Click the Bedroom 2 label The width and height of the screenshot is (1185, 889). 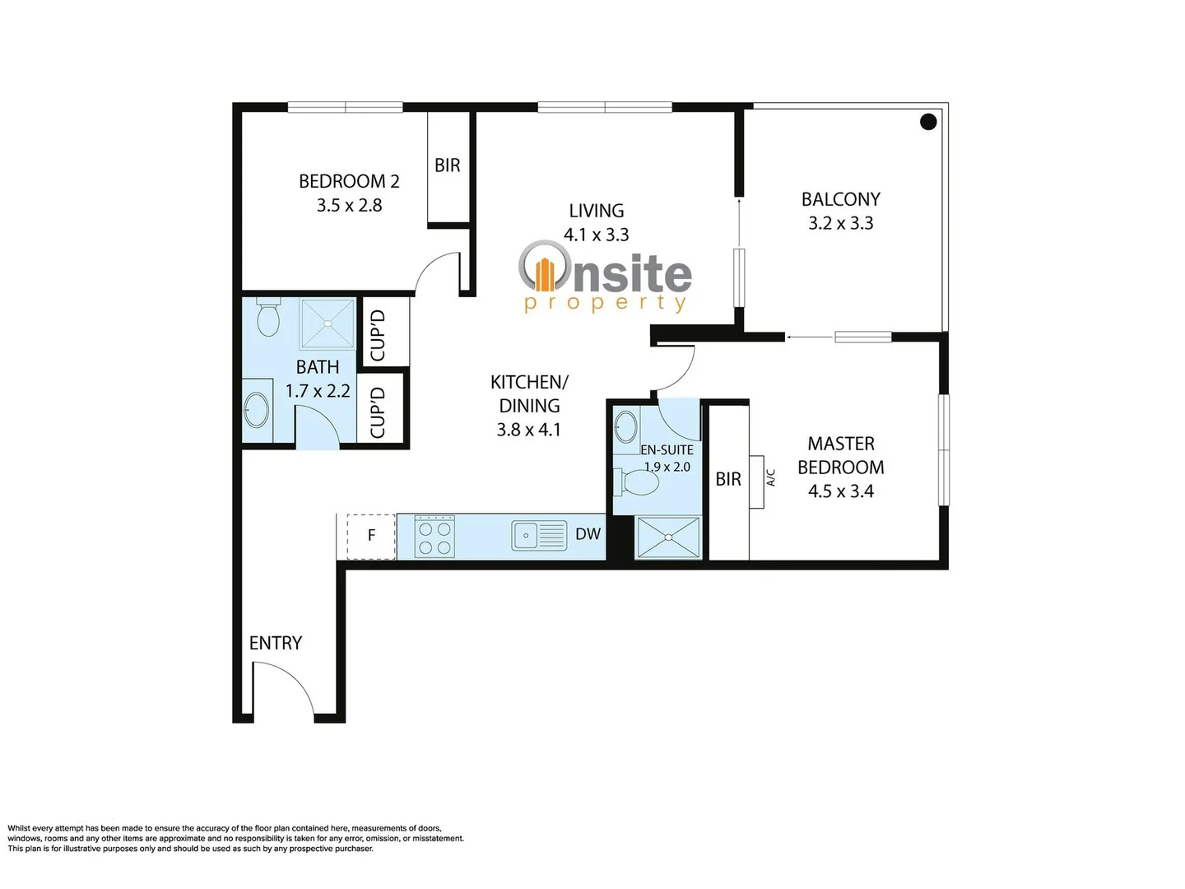(349, 181)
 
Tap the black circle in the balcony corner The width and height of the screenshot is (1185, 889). (928, 122)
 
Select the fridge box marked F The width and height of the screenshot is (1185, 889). (371, 536)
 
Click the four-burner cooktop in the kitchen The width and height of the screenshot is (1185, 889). (434, 537)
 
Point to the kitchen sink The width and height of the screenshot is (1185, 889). (539, 536)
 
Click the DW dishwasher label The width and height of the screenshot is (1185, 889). (588, 534)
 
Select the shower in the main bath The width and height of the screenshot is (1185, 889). (328, 323)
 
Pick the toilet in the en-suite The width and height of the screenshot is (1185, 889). (638, 482)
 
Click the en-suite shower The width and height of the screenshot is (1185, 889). (668, 538)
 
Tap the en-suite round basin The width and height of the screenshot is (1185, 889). (626, 426)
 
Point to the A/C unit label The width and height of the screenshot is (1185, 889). (771, 477)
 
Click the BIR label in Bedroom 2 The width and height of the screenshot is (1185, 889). (447, 165)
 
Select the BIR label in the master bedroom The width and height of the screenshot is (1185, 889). (728, 479)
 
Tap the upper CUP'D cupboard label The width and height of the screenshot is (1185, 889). (378, 335)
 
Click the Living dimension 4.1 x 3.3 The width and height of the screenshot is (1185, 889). (596, 235)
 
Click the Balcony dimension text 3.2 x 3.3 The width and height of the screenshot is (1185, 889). (840, 223)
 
